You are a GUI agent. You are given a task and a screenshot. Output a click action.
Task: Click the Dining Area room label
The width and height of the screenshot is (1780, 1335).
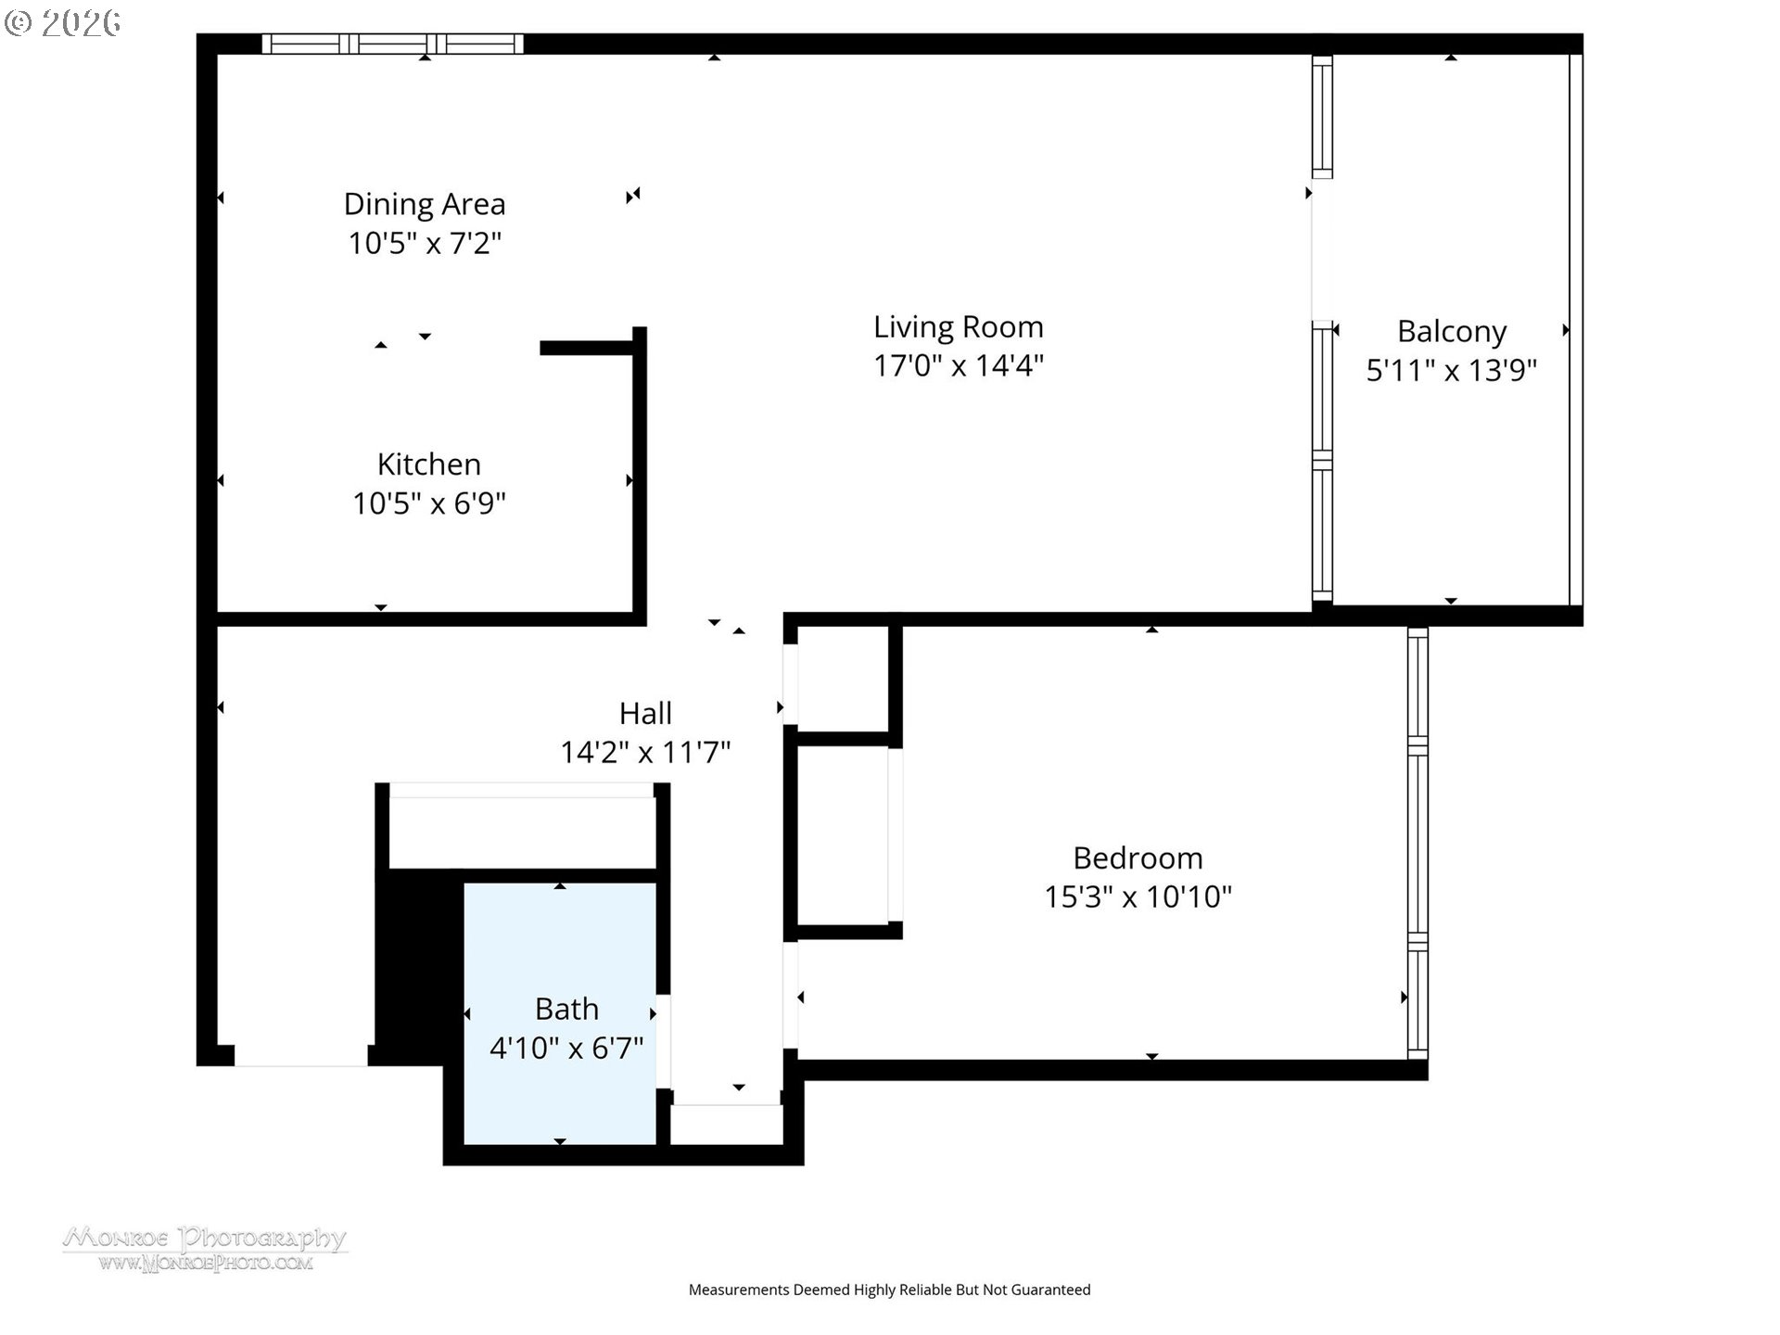point(425,204)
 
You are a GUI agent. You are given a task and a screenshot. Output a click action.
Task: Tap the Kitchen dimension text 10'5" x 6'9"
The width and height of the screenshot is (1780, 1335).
point(429,503)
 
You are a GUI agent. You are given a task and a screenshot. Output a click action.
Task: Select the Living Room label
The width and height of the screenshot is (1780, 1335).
point(959,327)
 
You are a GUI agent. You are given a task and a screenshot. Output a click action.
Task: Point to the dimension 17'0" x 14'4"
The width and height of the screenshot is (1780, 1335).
point(959,366)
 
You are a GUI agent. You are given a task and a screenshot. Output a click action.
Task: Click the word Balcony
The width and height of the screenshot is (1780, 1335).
point(1452,332)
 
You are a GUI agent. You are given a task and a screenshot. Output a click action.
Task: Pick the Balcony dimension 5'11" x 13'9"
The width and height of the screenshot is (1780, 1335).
point(1452,371)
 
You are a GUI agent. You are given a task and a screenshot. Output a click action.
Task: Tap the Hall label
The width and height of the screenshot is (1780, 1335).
point(645,714)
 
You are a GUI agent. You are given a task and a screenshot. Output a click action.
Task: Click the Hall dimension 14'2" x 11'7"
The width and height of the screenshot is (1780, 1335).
point(645,752)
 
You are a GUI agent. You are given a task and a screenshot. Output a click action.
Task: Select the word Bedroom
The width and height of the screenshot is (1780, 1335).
point(1138,858)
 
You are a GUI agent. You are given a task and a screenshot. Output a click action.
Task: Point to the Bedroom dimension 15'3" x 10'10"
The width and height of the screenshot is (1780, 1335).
point(1138,897)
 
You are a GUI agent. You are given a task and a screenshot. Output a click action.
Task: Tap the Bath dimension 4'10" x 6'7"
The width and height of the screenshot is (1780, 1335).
point(566,1049)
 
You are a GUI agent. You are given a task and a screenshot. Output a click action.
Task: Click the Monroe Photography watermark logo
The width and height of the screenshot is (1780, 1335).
point(205,1248)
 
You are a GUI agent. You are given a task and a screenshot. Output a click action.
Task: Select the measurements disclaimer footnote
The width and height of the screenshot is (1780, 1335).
point(889,1290)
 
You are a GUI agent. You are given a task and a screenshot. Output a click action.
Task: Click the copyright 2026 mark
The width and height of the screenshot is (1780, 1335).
point(63,23)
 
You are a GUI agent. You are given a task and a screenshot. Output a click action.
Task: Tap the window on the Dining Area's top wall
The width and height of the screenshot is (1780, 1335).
point(392,44)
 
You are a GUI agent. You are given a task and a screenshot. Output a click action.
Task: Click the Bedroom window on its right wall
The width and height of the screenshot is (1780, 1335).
point(1418,844)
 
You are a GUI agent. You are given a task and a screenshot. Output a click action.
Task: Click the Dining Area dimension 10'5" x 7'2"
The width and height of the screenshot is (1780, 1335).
point(425,243)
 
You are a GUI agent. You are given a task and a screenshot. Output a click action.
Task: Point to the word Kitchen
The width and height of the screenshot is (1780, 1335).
point(429,464)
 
